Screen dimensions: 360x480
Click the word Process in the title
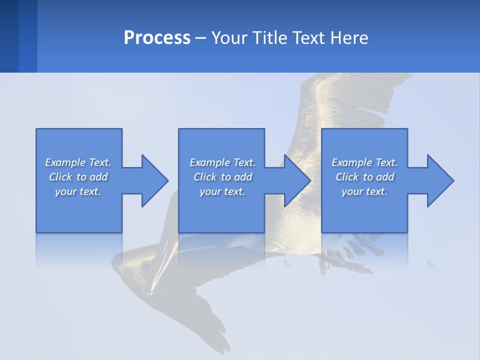coord(157,38)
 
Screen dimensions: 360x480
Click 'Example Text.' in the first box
coord(78,162)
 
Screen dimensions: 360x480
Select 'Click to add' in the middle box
coord(222,177)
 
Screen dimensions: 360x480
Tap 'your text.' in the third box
coord(364,191)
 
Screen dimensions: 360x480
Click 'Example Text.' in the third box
coord(364,162)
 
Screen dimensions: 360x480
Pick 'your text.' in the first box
coord(78,191)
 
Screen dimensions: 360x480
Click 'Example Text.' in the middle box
coord(222,162)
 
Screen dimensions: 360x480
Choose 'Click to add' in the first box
coord(78,177)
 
